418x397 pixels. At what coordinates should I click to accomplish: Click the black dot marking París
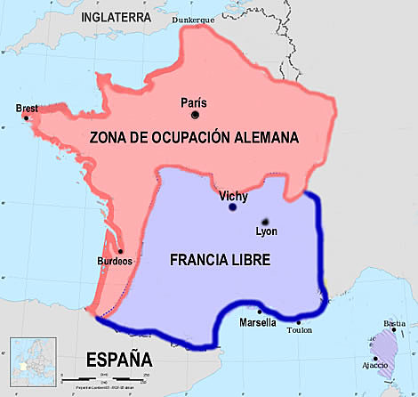coord(194,114)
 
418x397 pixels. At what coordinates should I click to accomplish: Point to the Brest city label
coord(27,109)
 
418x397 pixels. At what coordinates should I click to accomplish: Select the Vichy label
coord(232,194)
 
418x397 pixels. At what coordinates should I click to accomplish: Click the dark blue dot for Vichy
coord(232,207)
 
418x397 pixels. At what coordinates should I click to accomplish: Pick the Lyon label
coord(266,231)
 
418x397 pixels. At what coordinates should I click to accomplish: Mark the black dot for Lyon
coord(264,220)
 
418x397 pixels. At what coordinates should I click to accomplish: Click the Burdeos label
coord(116,262)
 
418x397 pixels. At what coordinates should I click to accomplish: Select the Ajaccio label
coord(374,364)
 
